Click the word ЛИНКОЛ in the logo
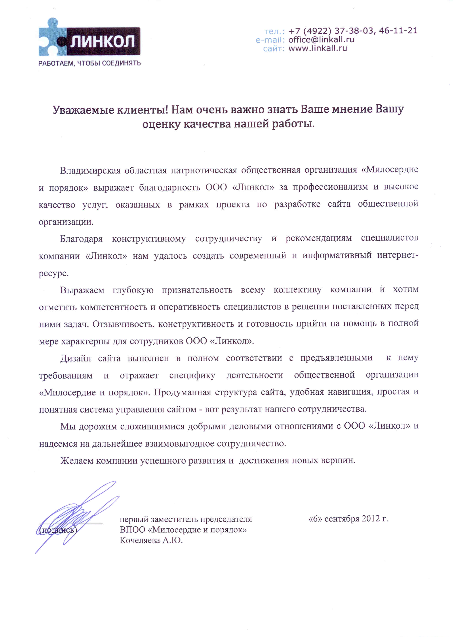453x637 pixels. [x=102, y=42]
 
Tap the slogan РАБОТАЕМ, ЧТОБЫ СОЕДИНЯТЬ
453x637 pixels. [x=89, y=63]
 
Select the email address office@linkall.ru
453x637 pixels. [x=321, y=40]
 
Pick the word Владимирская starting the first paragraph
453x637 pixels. [x=90, y=170]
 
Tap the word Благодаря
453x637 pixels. [x=81, y=239]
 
